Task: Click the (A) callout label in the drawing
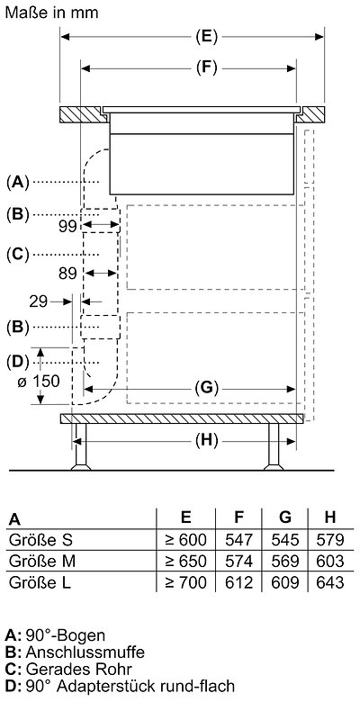(x=17, y=182)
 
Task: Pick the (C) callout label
(x=17, y=254)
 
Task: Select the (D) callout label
(x=17, y=362)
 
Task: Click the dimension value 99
(x=67, y=226)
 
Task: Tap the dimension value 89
(x=67, y=274)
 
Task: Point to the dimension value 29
(x=39, y=301)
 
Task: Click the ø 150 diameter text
(x=39, y=381)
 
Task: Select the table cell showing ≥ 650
(x=185, y=561)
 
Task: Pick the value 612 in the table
(x=238, y=582)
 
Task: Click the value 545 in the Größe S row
(x=284, y=539)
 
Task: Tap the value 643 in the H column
(x=330, y=582)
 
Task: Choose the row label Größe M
(x=41, y=561)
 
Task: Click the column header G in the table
(x=285, y=517)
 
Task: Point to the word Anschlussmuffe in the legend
(x=85, y=652)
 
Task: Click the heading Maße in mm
(x=51, y=13)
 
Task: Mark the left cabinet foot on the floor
(x=81, y=446)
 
